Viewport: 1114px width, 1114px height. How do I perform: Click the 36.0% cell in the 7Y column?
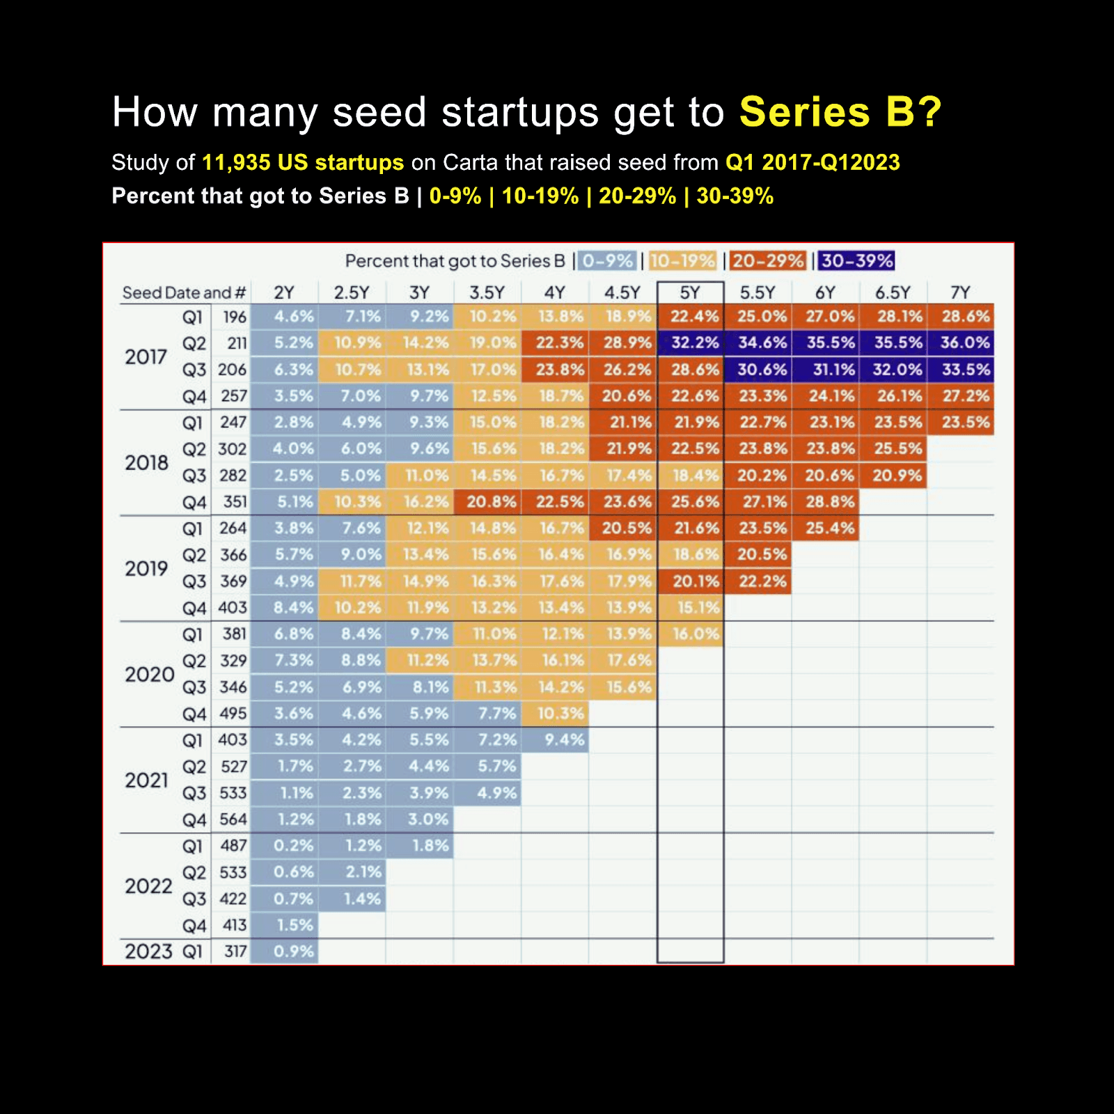pos(965,343)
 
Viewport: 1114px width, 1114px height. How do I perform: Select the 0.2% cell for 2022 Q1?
pos(293,845)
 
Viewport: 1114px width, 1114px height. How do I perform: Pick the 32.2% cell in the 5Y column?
pos(694,343)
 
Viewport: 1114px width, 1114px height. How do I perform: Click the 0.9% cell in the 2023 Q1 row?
pos(293,951)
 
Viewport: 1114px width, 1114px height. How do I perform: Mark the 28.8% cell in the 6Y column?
pos(830,502)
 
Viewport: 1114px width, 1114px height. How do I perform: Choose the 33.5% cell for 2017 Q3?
pos(965,369)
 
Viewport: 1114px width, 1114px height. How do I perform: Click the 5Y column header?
pos(690,292)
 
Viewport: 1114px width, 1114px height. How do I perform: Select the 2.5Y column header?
pos(352,292)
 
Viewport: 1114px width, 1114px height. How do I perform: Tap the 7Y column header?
pos(960,292)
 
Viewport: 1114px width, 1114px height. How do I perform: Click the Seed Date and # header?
pos(184,292)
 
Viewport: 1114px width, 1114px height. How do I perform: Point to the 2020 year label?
pos(149,674)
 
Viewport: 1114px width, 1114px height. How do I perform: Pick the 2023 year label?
pos(148,951)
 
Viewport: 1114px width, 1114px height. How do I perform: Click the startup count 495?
pos(233,714)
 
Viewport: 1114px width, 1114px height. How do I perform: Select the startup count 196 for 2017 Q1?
pos(235,317)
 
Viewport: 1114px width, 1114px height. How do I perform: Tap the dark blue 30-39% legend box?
pos(856,261)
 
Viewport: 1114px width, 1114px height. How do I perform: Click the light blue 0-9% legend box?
pos(607,261)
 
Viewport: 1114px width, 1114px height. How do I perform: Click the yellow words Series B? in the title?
pos(840,112)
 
